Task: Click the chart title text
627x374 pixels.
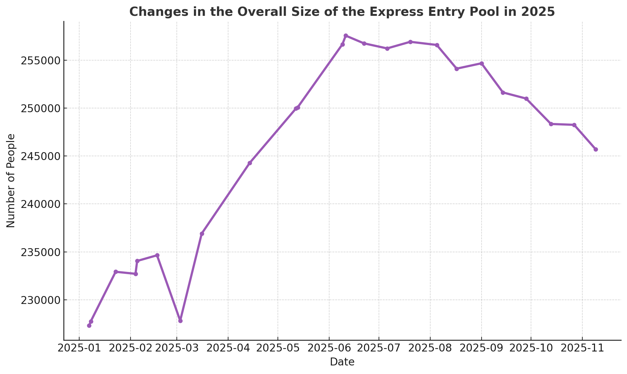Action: [x=342, y=12]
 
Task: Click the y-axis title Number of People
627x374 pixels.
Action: [x=11, y=181]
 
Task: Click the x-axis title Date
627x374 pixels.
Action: [x=342, y=362]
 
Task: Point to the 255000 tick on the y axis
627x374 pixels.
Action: [x=40, y=61]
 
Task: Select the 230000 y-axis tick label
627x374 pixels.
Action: [x=40, y=300]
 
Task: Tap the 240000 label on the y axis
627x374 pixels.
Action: [x=40, y=204]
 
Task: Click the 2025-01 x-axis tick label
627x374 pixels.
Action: [x=79, y=348]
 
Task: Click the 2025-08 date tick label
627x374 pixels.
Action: [x=430, y=348]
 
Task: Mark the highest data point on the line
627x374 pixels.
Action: [x=346, y=36]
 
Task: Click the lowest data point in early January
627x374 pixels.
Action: [x=89, y=326]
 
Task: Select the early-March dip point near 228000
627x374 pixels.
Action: [x=180, y=321]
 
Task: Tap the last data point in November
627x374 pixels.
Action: [x=596, y=149]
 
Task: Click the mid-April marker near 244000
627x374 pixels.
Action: [x=250, y=163]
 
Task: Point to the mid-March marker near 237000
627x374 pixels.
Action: [x=202, y=234]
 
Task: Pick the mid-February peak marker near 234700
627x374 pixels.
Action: [x=157, y=255]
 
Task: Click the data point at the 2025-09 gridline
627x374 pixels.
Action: [x=482, y=63]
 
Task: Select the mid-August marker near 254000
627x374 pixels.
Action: [x=457, y=69]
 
